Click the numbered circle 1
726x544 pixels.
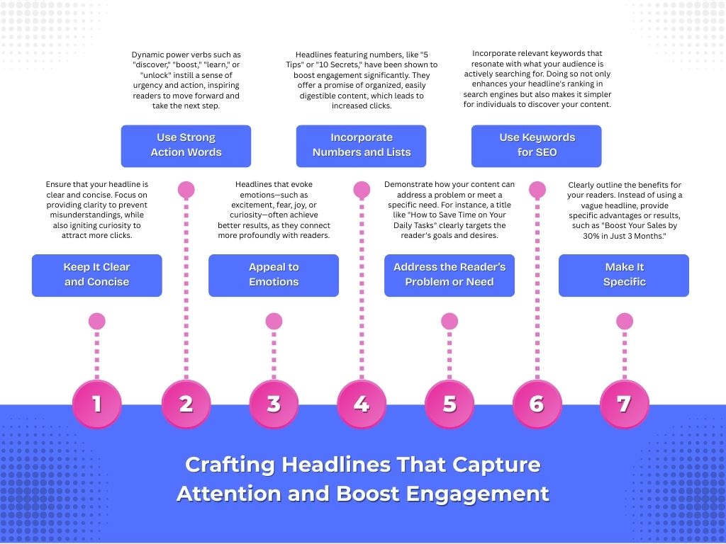point(97,404)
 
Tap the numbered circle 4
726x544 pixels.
point(362,404)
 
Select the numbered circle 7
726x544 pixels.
point(625,404)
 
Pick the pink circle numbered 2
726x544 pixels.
point(186,404)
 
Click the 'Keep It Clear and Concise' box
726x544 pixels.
point(97,275)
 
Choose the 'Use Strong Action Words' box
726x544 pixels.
point(186,145)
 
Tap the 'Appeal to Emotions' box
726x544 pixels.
point(274,275)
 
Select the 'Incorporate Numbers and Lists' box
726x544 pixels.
point(362,145)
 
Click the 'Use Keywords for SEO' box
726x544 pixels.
point(537,145)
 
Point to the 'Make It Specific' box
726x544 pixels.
point(625,275)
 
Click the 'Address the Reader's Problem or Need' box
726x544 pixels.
point(449,275)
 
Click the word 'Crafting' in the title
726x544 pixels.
point(230,465)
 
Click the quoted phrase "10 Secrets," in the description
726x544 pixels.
point(345,65)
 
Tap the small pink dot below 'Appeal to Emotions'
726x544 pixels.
point(274,321)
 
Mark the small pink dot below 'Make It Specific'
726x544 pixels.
point(625,321)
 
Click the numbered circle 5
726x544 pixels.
point(449,404)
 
